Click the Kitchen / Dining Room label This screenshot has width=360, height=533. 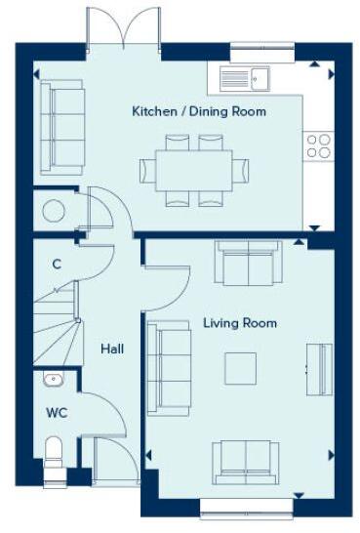pyautogui.click(x=198, y=111)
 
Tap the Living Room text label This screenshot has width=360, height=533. pyautogui.click(x=239, y=323)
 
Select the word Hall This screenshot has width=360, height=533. pyautogui.click(x=110, y=347)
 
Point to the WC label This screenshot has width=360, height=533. pyautogui.click(x=56, y=411)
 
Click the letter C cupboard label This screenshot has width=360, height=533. pyautogui.click(x=58, y=264)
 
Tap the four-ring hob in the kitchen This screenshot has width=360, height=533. pyautogui.click(x=319, y=146)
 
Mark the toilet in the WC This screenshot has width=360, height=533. pyautogui.click(x=55, y=456)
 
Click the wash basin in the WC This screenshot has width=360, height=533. pyautogui.click(x=52, y=381)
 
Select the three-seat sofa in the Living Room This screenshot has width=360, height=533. pyautogui.click(x=167, y=367)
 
